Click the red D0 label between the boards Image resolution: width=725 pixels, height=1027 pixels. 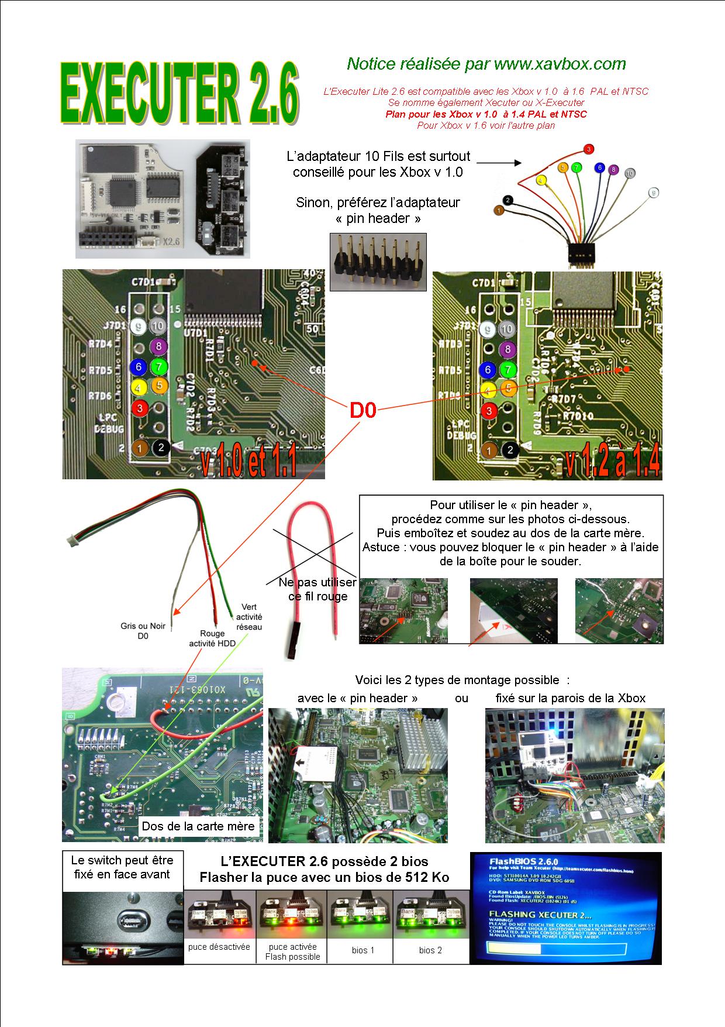(x=362, y=411)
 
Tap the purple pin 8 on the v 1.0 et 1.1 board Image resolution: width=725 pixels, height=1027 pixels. (x=157, y=347)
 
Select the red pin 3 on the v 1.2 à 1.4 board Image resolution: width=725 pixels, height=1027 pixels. (x=489, y=411)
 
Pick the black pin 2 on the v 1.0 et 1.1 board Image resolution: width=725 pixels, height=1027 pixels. (x=161, y=448)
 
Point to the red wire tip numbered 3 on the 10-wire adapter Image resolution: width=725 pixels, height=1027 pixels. (x=589, y=149)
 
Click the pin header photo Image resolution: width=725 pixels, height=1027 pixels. (x=378, y=262)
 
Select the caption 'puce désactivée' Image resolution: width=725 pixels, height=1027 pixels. (x=219, y=947)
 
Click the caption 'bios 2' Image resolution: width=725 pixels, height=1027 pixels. (x=430, y=950)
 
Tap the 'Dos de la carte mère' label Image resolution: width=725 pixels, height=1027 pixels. (x=199, y=826)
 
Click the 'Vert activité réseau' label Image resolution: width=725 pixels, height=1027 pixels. (x=249, y=617)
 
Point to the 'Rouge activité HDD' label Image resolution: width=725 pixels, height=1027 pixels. (x=212, y=638)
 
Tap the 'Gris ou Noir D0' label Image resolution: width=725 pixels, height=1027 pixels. (x=143, y=630)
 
